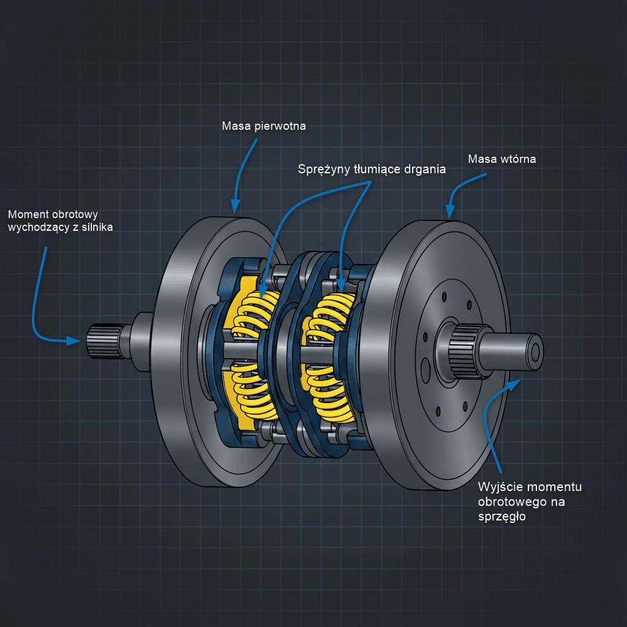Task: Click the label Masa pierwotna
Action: tap(264, 126)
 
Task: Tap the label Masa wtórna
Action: tap(502, 159)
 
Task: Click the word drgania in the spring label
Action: tap(424, 169)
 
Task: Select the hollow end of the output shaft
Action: tap(535, 352)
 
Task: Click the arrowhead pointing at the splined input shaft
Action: tap(77, 340)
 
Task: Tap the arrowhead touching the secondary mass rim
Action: tap(451, 214)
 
